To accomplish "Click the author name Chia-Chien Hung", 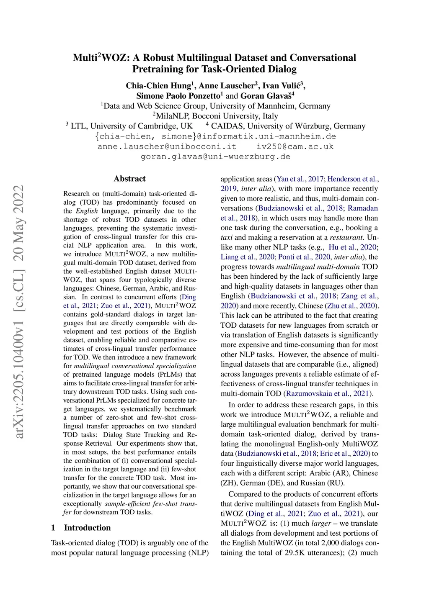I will (158, 86).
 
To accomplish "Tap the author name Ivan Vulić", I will (281, 86).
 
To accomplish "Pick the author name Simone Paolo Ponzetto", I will (178, 96).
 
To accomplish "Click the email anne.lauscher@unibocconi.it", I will (167, 146).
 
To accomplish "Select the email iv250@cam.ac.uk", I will (295, 146).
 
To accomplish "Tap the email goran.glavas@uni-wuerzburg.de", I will (215, 157).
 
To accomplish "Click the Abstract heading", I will (129, 179).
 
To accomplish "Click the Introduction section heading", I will (87, 528).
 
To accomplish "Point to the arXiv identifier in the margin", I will (19, 312).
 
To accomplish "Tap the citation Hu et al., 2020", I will (353, 247).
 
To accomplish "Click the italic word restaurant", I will (346, 238).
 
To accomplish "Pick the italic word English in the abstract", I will (87, 211).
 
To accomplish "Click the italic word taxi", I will (227, 238).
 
